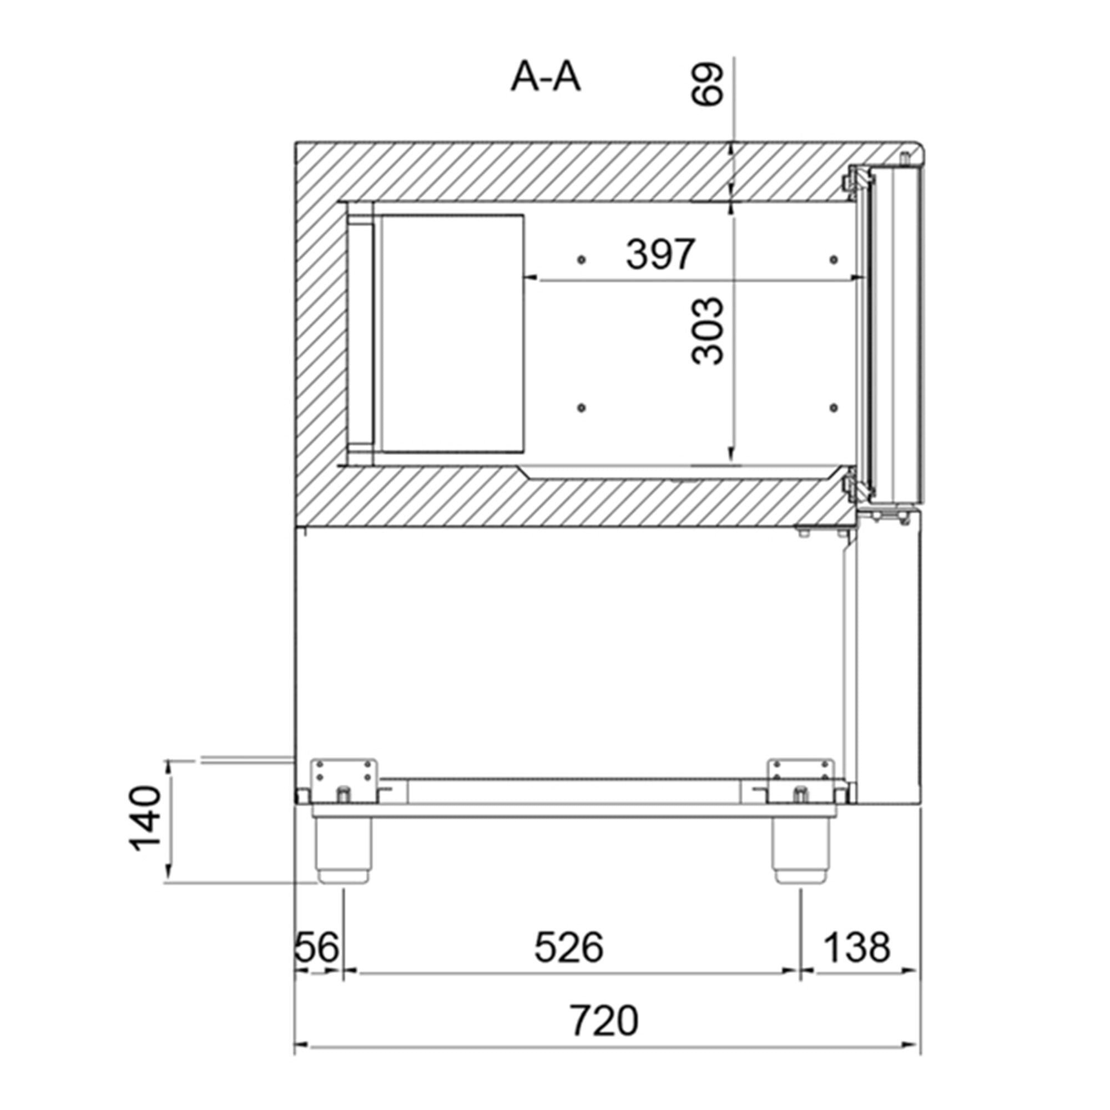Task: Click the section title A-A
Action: coord(545,78)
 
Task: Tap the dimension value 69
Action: coord(706,84)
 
